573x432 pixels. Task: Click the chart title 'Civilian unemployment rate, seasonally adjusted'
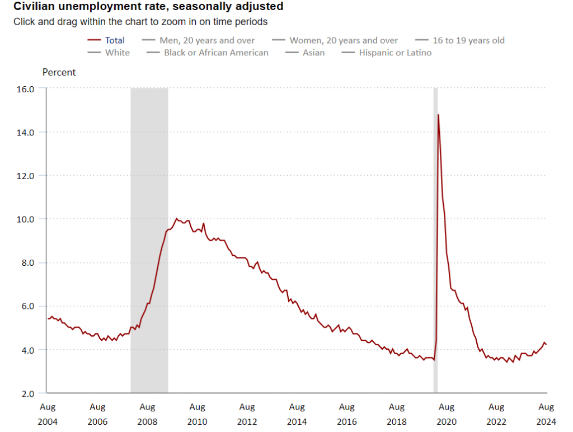coord(148,7)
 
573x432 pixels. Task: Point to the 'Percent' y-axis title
coord(59,72)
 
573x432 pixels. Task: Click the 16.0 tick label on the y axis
coord(28,89)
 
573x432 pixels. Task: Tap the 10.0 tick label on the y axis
coord(28,219)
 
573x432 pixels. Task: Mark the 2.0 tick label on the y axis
coord(28,393)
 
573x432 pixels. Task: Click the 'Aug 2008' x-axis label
coord(147,414)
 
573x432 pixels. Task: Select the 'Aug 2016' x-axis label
coord(347,414)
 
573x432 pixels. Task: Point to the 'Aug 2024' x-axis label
coord(546,414)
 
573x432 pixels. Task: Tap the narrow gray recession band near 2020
coord(435,241)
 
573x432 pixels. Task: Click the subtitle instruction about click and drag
coord(140,22)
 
